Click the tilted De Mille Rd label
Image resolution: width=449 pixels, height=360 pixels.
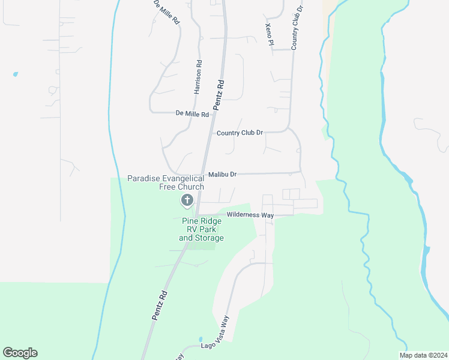tap(167, 12)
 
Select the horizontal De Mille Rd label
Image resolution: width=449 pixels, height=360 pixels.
tap(192, 113)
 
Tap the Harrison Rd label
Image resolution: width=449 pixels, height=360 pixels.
tap(197, 77)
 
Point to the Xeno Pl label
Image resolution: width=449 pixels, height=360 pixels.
tap(269, 31)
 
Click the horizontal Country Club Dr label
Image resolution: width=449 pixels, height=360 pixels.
tap(240, 133)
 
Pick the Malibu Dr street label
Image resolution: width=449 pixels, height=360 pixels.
tap(223, 175)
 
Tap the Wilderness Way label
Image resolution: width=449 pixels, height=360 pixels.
tap(250, 215)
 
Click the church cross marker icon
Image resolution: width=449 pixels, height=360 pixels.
tap(187, 200)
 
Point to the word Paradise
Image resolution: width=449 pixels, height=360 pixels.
tap(145, 178)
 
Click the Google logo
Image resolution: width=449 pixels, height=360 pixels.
tap(20, 353)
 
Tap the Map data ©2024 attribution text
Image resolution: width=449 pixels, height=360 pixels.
tap(423, 355)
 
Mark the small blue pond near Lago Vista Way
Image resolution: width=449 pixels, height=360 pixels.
tap(200, 339)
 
